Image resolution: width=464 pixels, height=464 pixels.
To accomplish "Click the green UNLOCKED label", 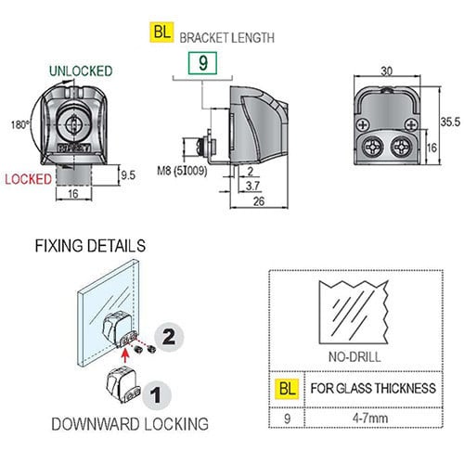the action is [81, 71].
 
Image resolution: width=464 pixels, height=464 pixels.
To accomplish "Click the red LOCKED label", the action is [28, 179].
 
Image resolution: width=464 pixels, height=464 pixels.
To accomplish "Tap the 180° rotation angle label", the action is [20, 125].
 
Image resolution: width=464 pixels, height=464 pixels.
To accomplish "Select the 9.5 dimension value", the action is [128, 175].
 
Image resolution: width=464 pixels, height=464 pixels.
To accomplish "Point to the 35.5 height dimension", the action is [450, 122].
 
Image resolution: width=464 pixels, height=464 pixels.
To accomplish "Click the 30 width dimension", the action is [387, 71].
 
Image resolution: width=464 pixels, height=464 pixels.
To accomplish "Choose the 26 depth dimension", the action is [259, 201].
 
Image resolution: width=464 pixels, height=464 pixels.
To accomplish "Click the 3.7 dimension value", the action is [252, 186].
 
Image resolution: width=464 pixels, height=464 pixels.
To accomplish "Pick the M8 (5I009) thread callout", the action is [182, 171].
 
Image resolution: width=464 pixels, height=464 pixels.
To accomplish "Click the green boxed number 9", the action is [202, 63].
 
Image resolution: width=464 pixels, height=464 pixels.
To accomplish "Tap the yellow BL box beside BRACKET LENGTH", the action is [161, 32].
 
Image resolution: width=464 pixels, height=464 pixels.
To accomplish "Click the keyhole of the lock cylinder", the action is [74, 124].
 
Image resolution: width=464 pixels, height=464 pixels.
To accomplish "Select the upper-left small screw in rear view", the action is [363, 125].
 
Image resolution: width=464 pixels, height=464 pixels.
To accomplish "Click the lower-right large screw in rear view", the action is [402, 147].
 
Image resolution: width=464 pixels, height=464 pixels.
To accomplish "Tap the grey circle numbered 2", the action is [169, 337].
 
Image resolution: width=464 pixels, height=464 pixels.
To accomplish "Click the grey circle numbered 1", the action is [157, 395].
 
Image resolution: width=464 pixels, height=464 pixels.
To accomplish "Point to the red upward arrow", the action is [124, 355].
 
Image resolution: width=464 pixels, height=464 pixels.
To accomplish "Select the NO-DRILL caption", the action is [354, 357].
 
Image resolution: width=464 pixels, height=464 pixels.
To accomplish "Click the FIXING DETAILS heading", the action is [90, 246].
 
